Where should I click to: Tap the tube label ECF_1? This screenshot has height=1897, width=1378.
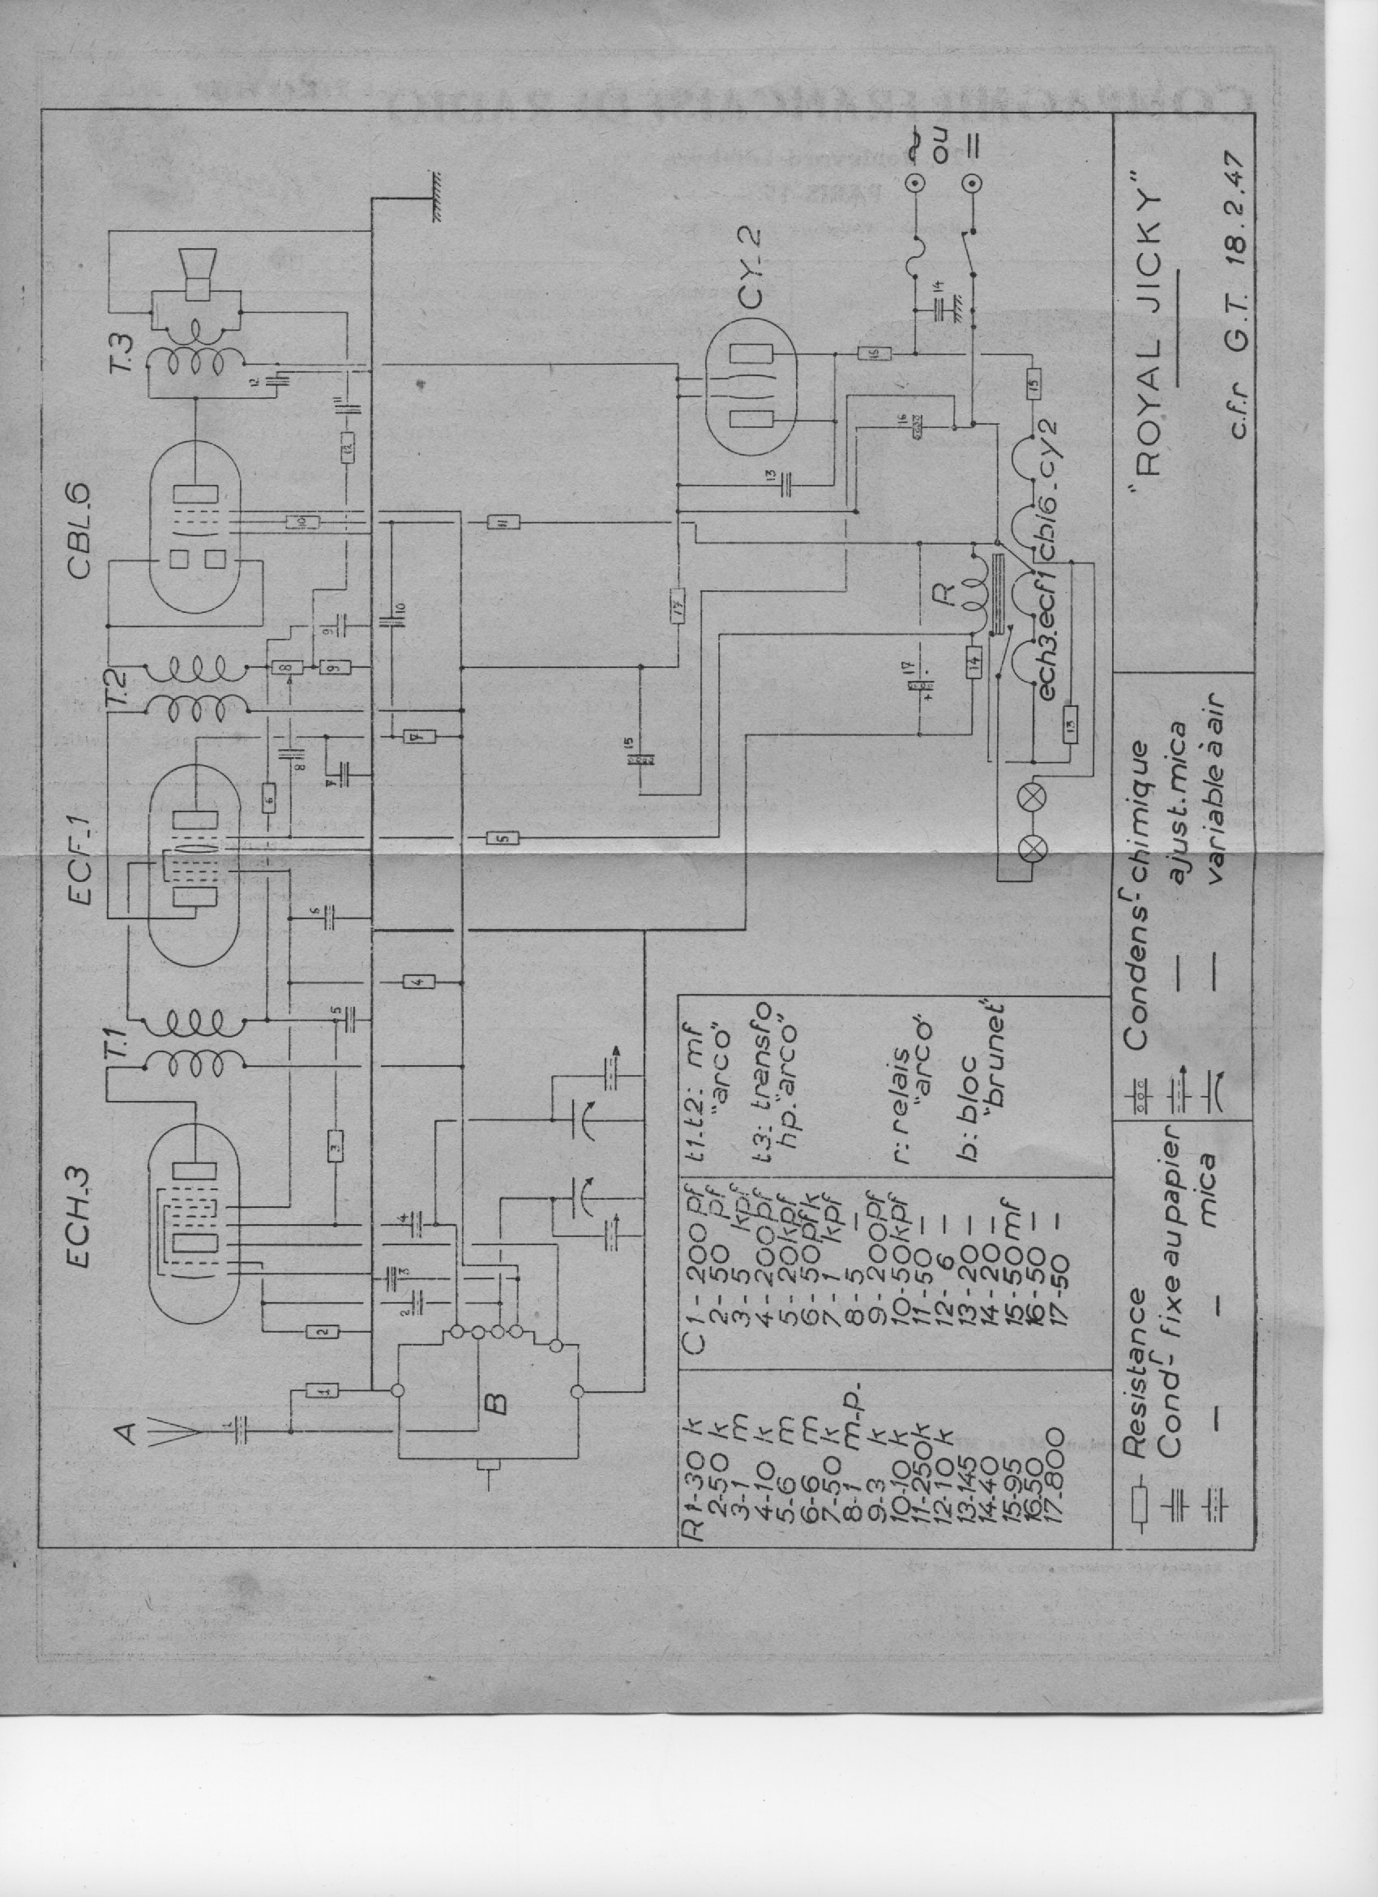click(x=84, y=876)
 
